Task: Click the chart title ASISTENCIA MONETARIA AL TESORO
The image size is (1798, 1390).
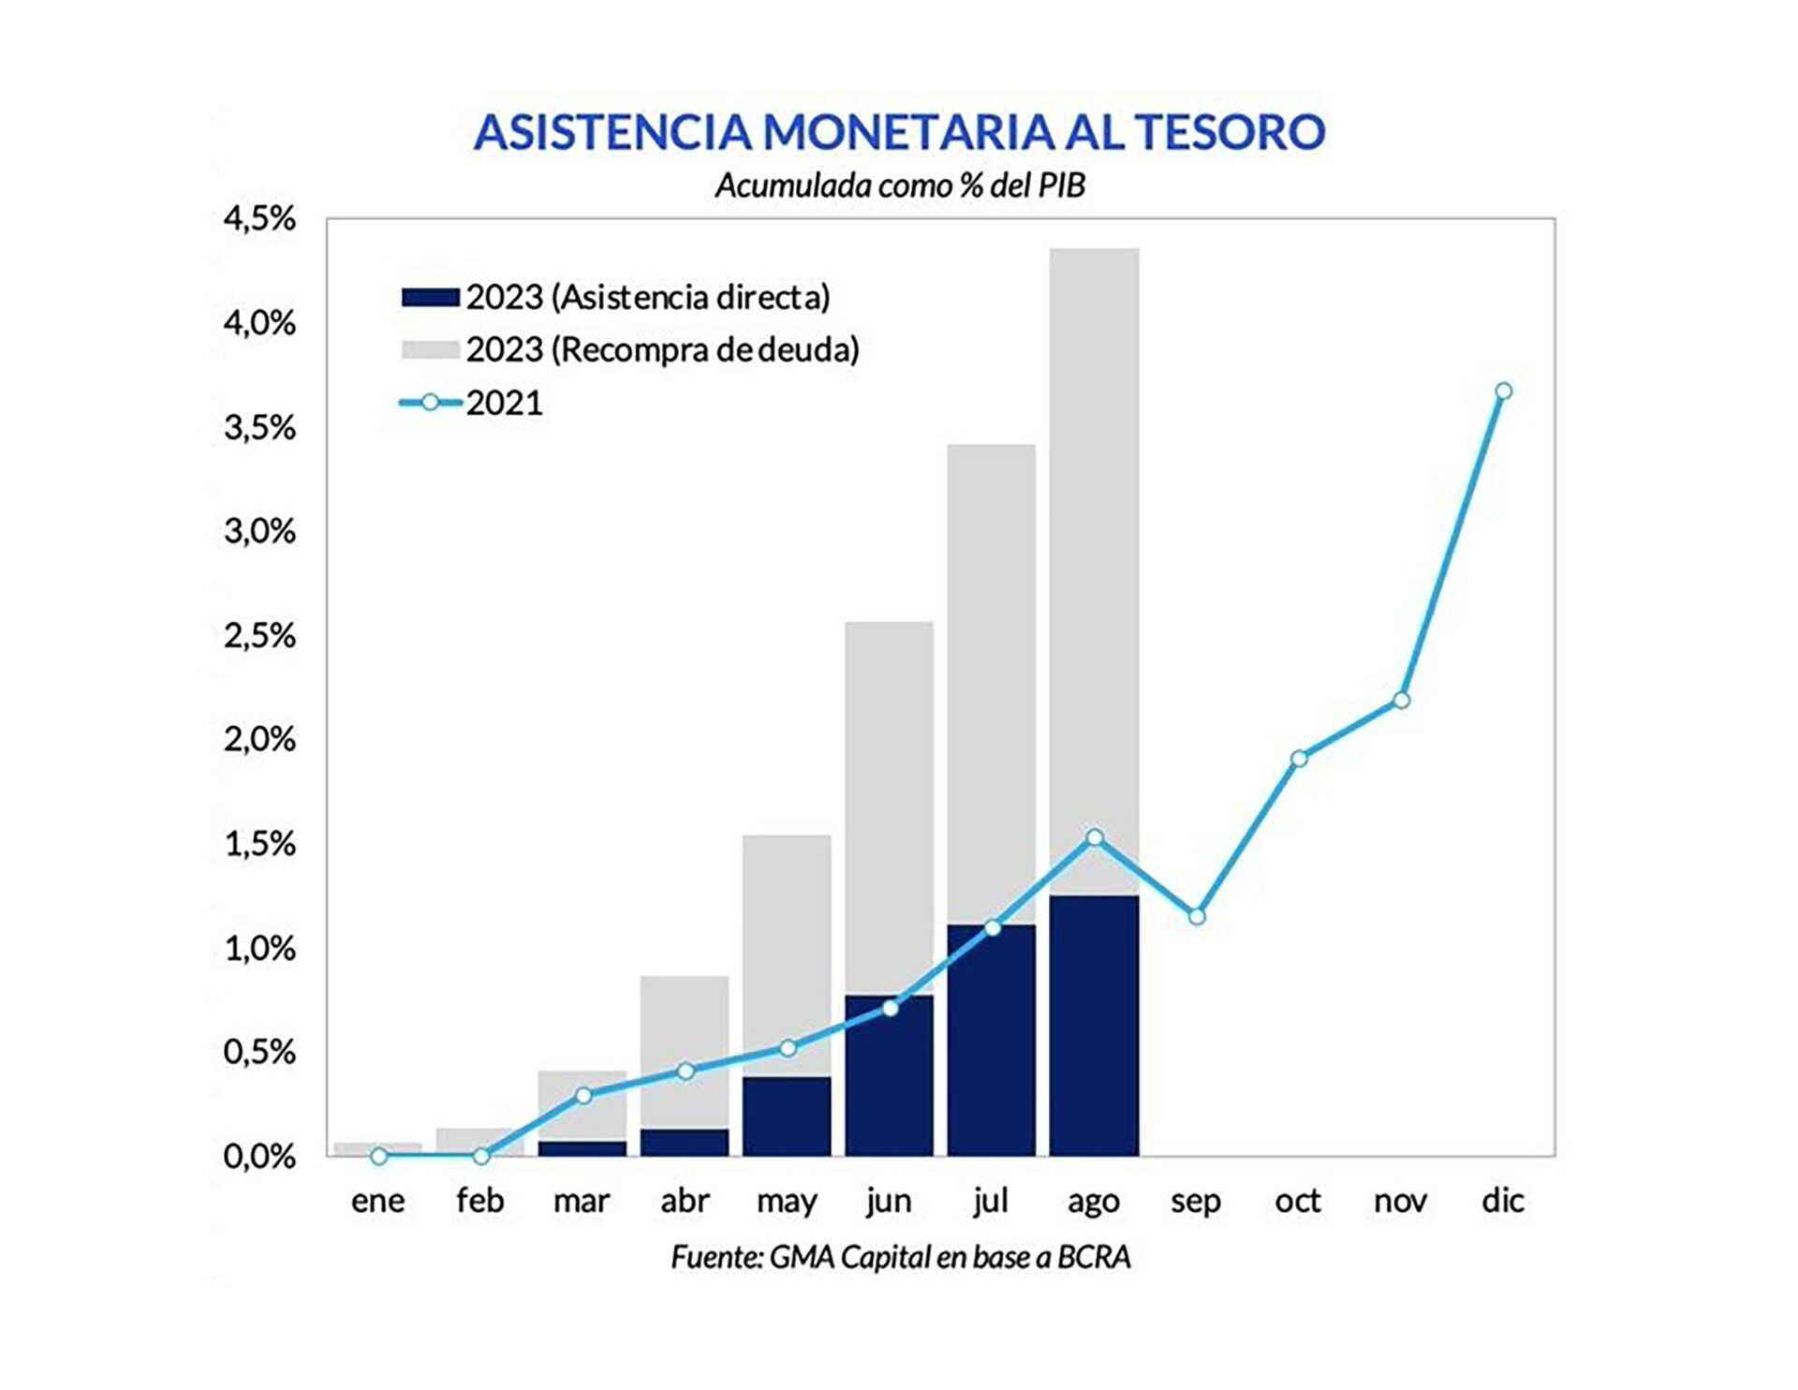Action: (x=899, y=131)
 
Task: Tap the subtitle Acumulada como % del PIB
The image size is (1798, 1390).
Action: (x=899, y=185)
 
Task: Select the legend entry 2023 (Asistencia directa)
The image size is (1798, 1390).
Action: (x=647, y=298)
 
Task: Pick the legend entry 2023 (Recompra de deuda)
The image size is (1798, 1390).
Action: (x=661, y=350)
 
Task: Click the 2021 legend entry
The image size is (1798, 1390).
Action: (x=504, y=403)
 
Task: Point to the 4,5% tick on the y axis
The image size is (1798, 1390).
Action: (x=258, y=219)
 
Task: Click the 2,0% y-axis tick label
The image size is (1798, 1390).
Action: (x=258, y=740)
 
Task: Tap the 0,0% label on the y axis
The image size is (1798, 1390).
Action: (x=258, y=1157)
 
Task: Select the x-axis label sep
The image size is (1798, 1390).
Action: (x=1196, y=1201)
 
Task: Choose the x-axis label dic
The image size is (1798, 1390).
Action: (x=1503, y=1201)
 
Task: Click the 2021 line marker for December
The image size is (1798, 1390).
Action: (x=1503, y=392)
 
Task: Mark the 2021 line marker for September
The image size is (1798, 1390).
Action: (x=1197, y=916)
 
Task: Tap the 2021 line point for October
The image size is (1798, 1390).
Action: (x=1299, y=759)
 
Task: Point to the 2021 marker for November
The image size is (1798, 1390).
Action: (x=1401, y=701)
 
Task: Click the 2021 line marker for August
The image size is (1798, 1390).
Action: (x=1094, y=837)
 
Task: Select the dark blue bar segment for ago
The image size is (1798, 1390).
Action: (x=1094, y=1030)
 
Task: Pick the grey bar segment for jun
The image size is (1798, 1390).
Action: (x=889, y=806)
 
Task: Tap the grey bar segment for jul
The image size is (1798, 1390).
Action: (x=991, y=684)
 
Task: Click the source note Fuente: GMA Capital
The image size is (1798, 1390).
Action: (x=900, y=1257)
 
